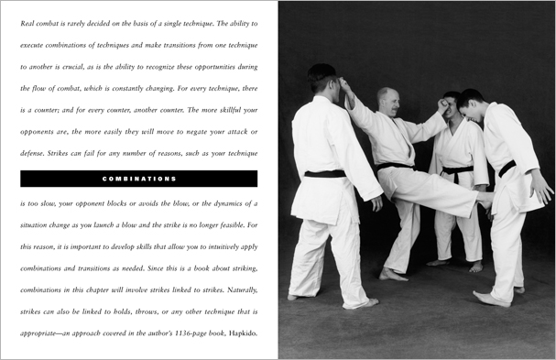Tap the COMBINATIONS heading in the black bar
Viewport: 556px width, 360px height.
click(x=138, y=179)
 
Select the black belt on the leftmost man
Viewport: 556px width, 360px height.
click(x=325, y=173)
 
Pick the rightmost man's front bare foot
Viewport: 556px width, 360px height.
click(x=489, y=298)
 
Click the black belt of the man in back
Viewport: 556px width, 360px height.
click(x=456, y=170)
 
